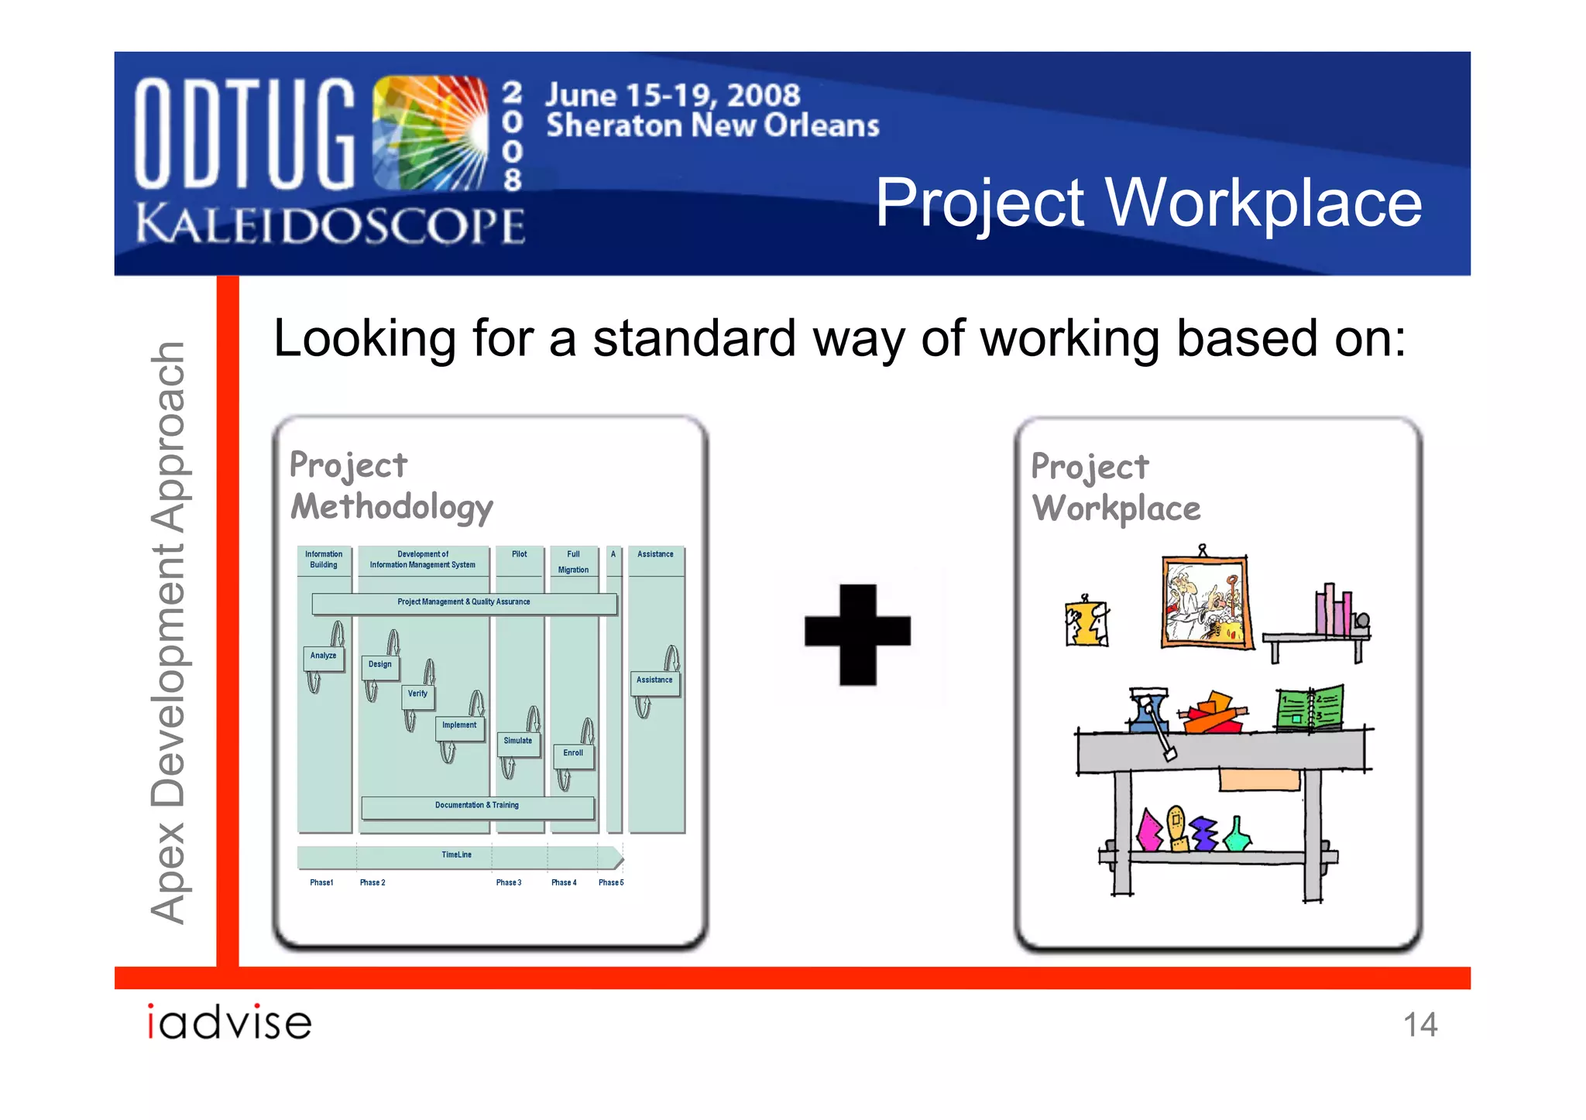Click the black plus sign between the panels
coord(857,634)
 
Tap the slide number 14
coord(1420,1025)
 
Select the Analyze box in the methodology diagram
coord(323,656)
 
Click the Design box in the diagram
coord(379,665)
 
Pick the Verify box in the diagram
coord(417,694)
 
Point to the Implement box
coord(459,726)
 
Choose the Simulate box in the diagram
coord(517,742)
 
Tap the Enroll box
coord(573,754)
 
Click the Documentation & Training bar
coord(477,806)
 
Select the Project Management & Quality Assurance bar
coord(464,602)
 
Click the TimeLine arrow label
coord(457,855)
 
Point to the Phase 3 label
coord(509,883)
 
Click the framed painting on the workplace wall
coord(1205,601)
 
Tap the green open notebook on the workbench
coord(1310,707)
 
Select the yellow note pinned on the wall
coord(1087,623)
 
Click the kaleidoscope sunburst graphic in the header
coord(431,133)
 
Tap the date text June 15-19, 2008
coord(672,95)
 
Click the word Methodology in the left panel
coord(392,508)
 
